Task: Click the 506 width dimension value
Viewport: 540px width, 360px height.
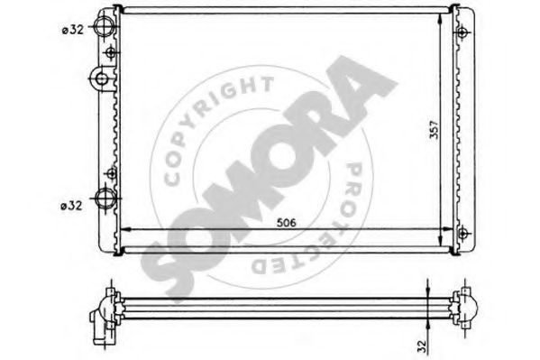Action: coord(287,223)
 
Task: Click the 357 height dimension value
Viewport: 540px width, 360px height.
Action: coord(435,129)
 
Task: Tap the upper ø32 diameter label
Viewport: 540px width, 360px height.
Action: coord(73,30)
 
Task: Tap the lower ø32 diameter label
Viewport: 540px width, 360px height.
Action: coord(71,206)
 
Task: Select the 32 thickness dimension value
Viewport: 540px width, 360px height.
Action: coord(423,346)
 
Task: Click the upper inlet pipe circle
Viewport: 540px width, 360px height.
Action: coord(104,26)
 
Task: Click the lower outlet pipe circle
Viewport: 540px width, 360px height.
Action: coord(105,198)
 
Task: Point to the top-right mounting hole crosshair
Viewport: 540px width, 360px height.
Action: coord(462,32)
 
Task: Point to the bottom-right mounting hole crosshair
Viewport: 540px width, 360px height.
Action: coord(463,233)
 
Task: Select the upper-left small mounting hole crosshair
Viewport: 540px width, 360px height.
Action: coord(111,52)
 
